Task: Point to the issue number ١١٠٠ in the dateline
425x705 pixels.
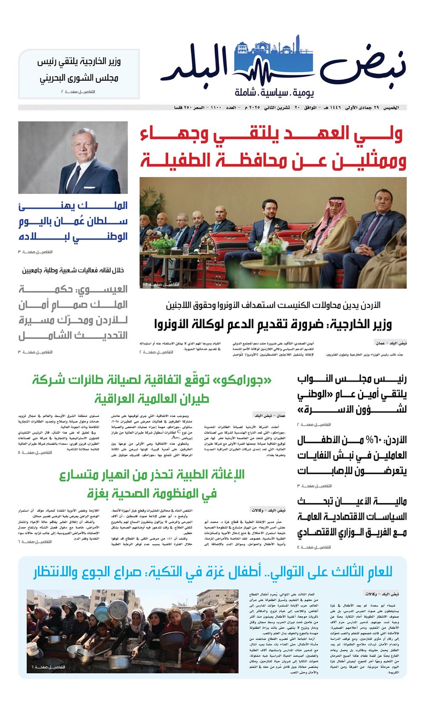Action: [216, 108]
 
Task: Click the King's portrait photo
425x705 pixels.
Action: [73, 157]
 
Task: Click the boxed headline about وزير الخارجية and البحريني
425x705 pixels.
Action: [79, 70]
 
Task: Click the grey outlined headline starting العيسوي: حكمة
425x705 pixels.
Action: [73, 312]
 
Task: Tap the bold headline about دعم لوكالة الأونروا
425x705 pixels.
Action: [273, 325]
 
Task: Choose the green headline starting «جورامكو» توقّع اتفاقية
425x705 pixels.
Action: [152, 389]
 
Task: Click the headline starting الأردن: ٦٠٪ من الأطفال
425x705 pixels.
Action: [351, 455]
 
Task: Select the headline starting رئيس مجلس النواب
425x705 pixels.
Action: [351, 394]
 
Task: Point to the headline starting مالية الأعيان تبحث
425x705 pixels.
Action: [351, 516]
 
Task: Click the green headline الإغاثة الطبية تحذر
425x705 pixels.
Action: [152, 484]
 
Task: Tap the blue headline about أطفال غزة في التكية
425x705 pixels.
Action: [212, 572]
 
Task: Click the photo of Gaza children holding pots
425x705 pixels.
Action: [132, 631]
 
